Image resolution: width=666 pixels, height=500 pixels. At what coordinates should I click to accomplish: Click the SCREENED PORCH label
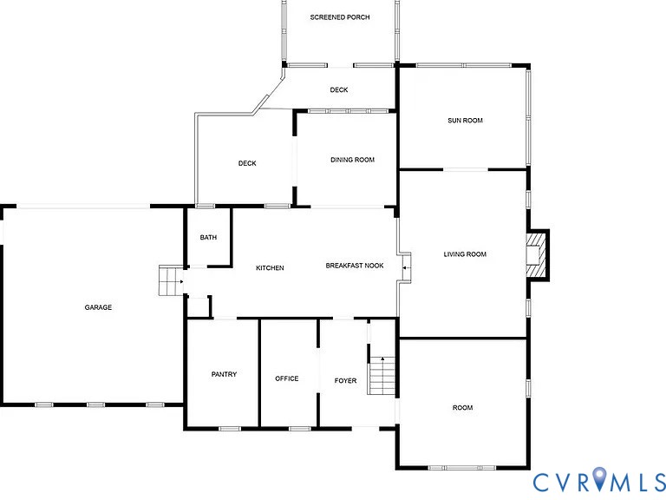340,17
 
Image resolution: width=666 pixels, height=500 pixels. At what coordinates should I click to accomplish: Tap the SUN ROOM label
465,121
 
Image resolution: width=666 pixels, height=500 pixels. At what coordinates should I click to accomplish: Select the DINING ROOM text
352,160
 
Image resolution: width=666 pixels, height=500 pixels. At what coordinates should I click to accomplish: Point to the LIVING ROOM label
465,254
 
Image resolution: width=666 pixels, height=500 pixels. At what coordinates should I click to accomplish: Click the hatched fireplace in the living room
539,254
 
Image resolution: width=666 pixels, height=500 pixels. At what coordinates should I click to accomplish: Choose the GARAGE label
98,307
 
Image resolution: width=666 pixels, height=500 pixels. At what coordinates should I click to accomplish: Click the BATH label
208,238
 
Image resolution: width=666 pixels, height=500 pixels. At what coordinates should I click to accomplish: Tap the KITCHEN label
270,268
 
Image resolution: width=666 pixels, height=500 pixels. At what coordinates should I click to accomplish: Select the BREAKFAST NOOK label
355,266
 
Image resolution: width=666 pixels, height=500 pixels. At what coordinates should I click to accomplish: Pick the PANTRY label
224,375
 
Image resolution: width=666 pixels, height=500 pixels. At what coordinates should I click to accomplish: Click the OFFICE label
286,378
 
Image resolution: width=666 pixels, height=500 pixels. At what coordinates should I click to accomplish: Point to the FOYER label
345,381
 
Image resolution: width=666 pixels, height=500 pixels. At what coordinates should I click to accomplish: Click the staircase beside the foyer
382,378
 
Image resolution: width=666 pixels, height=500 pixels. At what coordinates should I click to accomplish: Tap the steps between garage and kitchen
168,281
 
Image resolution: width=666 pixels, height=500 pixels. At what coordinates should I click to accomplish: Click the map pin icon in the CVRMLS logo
598,478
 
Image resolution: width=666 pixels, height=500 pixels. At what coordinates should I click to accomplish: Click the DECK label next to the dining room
247,163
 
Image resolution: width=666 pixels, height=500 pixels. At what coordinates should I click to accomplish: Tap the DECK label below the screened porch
339,90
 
